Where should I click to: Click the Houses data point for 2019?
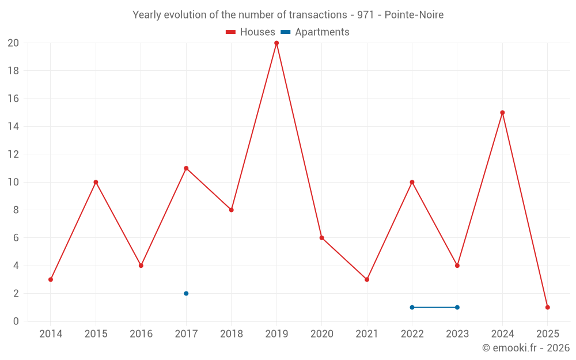[x=276, y=43]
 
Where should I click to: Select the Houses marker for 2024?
[x=502, y=113]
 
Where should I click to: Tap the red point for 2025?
[x=547, y=307]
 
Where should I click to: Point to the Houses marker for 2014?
[x=51, y=279]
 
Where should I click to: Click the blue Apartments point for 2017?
[x=186, y=293]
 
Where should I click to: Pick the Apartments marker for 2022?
[x=412, y=307]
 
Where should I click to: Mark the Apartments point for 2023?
[x=457, y=307]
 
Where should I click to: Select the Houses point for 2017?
[x=186, y=168]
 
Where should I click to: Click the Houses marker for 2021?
[x=367, y=279]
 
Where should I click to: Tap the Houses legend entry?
[x=251, y=32]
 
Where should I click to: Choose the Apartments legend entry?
[x=316, y=32]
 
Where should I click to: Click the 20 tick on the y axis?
[x=13, y=43]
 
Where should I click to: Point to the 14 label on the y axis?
[x=13, y=127]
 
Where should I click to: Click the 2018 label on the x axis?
[x=231, y=334]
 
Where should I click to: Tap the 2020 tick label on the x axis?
[x=321, y=334]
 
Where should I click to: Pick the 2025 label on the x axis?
[x=547, y=334]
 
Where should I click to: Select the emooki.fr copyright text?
[x=525, y=348]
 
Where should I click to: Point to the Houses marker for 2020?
[x=321, y=238]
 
